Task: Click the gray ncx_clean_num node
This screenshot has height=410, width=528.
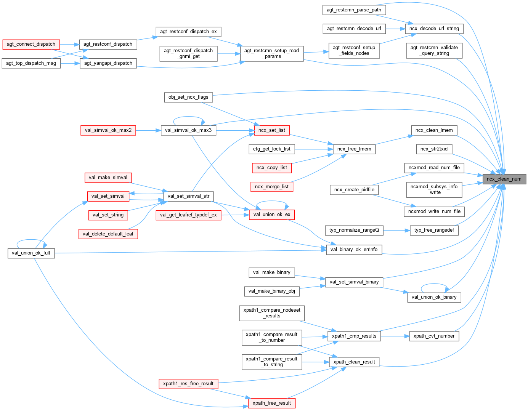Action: point(504,179)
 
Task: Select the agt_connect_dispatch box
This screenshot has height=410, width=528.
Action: point(31,44)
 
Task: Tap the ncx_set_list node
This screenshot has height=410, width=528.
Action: point(271,130)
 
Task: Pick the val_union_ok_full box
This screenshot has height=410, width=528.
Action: point(31,253)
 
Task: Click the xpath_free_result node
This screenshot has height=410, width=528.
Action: point(271,403)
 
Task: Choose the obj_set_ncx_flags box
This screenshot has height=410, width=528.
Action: point(188,97)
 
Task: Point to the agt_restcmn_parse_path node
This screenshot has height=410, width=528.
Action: point(354,10)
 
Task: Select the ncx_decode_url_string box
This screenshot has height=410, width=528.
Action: point(434,29)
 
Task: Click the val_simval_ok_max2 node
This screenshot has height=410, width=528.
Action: point(108,130)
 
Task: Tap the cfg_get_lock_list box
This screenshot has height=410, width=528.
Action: point(271,149)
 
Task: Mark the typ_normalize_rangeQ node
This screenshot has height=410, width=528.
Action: point(354,230)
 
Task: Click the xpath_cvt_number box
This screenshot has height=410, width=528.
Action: point(434,336)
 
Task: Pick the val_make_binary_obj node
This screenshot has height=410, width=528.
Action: point(271,291)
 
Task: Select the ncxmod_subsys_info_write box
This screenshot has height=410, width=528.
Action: point(434,189)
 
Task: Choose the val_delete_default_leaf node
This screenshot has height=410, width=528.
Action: point(108,234)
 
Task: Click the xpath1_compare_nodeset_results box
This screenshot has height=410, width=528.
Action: point(272,313)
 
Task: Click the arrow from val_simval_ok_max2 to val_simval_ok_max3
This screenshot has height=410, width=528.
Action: point(148,130)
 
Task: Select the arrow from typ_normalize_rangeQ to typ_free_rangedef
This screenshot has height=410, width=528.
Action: point(396,230)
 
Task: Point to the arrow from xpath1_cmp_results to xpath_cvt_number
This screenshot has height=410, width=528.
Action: point(395,336)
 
